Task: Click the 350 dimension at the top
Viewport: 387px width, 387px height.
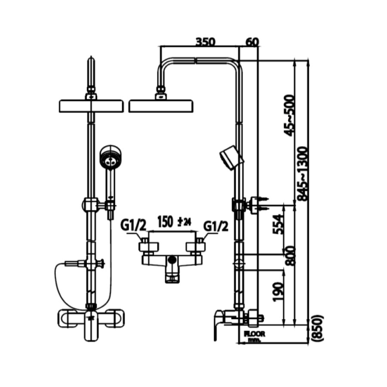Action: coord(205,42)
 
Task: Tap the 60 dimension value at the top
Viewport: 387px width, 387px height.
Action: coord(252,42)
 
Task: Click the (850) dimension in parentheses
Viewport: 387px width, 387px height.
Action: coord(319,329)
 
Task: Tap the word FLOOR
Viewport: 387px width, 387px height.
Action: coord(254,333)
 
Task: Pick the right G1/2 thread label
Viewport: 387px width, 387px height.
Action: coord(215,225)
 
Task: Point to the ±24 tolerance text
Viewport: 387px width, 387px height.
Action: coord(184,222)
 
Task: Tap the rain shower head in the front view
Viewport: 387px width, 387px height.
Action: coord(91,106)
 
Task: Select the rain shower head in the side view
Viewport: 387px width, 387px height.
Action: coord(161,106)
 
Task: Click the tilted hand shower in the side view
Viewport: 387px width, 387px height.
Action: coord(231,158)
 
